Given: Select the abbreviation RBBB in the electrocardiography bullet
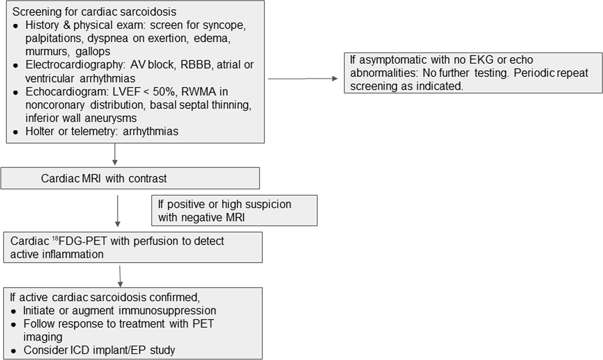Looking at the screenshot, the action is click(195, 65).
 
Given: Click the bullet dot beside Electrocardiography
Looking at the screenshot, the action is click(16, 65).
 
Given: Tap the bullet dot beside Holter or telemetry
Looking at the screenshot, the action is click(16, 132).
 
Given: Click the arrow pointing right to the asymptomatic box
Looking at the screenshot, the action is click(303, 78).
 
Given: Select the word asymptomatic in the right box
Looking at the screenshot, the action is click(393, 60).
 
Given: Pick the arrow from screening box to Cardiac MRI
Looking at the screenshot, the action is click(115, 154).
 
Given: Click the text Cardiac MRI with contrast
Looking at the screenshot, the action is click(104, 178).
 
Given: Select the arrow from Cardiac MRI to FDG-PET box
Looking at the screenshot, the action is click(118, 211).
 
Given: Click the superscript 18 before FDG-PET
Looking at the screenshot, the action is click(55, 238).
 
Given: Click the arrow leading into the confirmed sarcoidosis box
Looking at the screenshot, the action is click(120, 277).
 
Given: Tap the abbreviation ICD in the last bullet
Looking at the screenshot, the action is click(80, 350).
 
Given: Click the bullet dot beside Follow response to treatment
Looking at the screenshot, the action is click(14, 325).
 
